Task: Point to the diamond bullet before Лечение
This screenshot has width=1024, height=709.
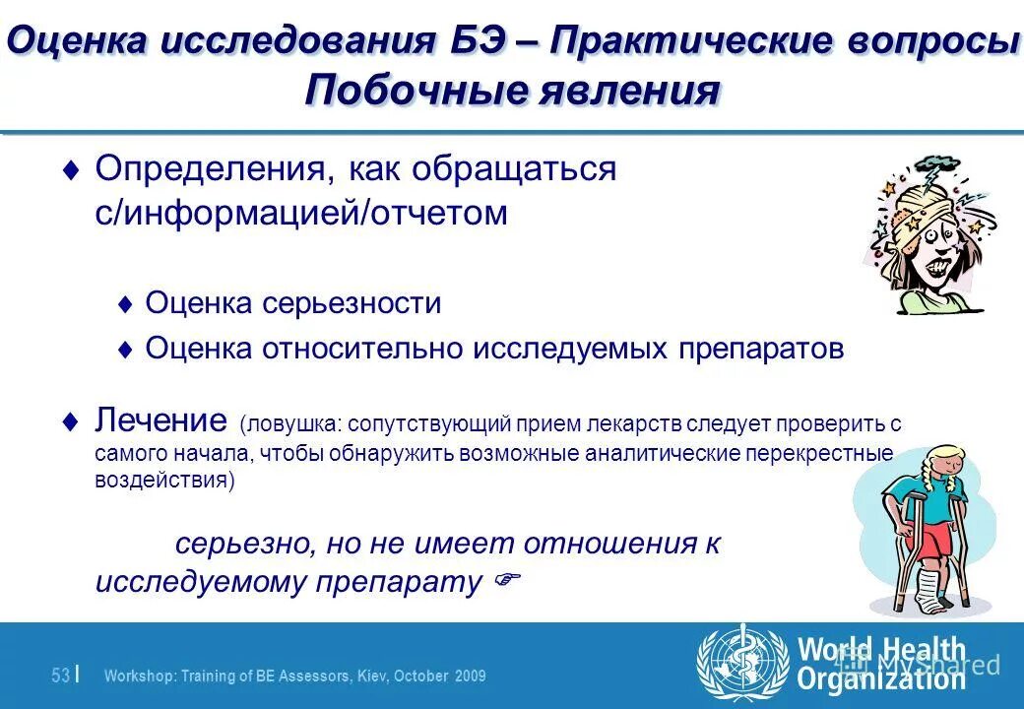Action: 69,420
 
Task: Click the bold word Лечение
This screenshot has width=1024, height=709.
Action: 161,421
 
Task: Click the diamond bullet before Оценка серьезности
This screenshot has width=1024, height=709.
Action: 124,304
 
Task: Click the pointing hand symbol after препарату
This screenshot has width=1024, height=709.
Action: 503,581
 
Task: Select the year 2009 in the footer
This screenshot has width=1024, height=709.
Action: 470,677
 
